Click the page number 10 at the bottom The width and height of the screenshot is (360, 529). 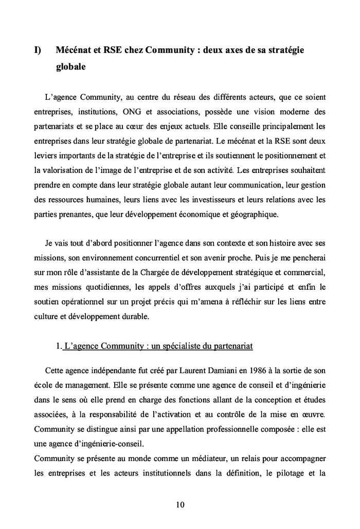(x=179, y=505)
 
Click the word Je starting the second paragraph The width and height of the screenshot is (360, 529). (x=50, y=242)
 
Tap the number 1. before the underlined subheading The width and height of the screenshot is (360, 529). (x=60, y=346)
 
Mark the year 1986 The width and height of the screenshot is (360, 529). (x=251, y=370)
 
